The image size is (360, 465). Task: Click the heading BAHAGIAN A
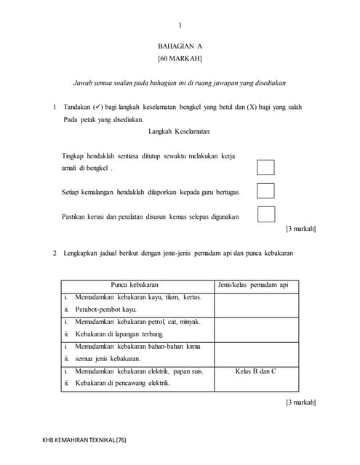point(180,46)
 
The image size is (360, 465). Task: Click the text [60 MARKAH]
point(180,58)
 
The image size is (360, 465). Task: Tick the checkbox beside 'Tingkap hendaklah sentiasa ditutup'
point(266,167)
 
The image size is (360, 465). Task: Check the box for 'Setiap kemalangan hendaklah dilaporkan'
point(266,191)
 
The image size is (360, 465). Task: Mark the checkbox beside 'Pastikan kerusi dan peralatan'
point(266,214)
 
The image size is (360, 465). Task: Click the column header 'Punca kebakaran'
point(135,285)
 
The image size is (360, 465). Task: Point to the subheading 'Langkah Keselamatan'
point(179,132)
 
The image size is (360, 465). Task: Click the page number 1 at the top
point(180,25)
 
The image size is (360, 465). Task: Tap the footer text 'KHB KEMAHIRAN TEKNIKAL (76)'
point(84,440)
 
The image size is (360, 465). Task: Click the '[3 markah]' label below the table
point(300,403)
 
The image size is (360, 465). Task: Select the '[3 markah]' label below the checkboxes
point(300,229)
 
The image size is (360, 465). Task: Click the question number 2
point(55,253)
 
